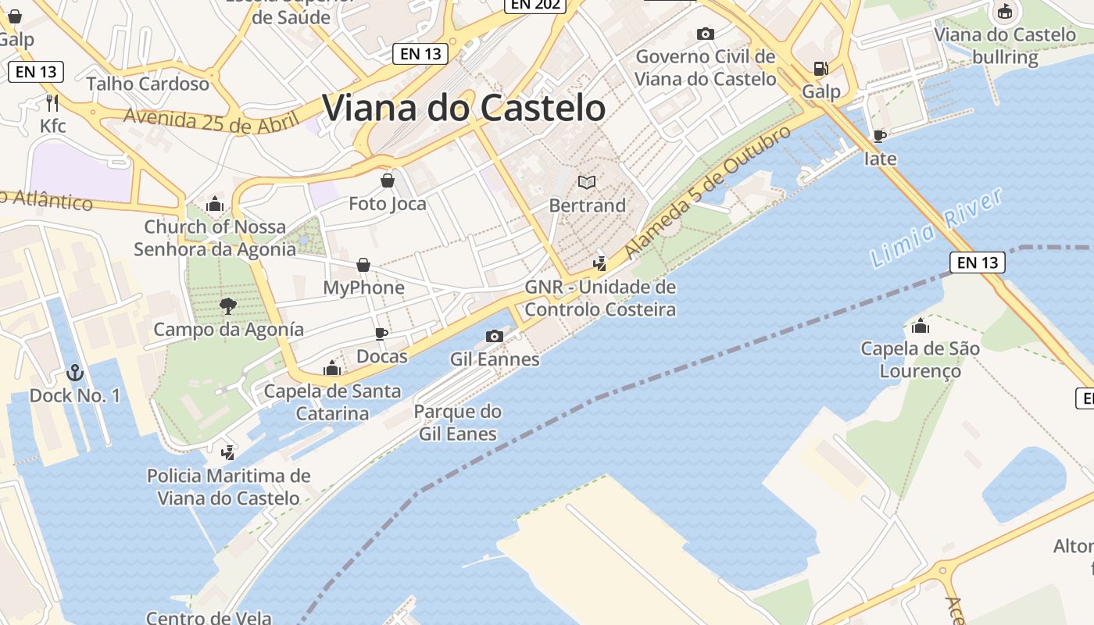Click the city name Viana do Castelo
[x=463, y=108]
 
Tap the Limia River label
[x=936, y=228]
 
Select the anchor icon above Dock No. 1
[x=75, y=372]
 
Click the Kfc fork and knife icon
[x=52, y=102]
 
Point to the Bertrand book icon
[x=587, y=182]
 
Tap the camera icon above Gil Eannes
[x=494, y=336]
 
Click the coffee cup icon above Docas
[x=381, y=334]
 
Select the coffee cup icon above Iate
[x=880, y=136]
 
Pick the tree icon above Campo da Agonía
[x=228, y=305]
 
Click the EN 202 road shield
[x=534, y=5]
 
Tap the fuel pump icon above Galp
[x=820, y=69]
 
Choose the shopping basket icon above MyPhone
[x=363, y=265]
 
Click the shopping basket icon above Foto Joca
[x=387, y=181]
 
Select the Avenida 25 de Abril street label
[x=211, y=120]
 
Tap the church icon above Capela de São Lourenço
[x=921, y=326]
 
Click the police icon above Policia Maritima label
[x=228, y=452]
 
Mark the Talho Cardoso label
[x=148, y=84]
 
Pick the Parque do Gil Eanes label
[x=458, y=423]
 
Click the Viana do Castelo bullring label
[x=1005, y=45]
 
